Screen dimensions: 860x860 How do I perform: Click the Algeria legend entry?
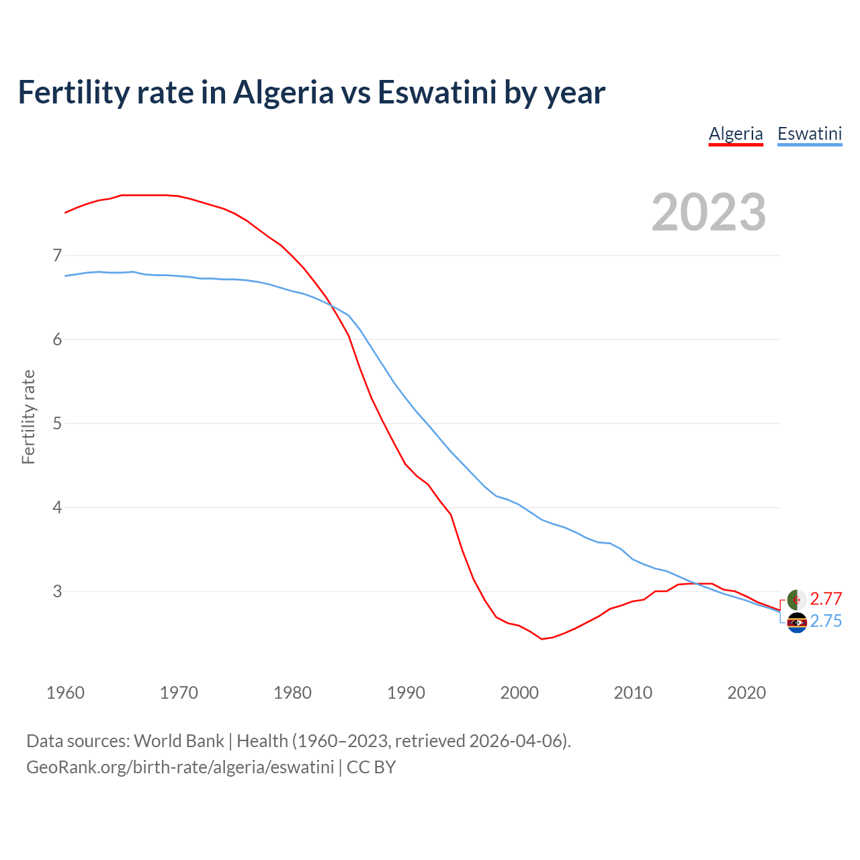(736, 134)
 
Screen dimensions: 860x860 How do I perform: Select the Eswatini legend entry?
(809, 134)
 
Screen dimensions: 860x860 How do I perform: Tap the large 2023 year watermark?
(709, 212)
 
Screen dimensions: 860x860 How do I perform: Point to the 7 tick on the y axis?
(57, 255)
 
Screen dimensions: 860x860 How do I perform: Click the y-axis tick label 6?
(57, 339)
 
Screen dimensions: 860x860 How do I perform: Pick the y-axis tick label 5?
(57, 423)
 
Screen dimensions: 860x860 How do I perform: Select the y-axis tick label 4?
(57, 507)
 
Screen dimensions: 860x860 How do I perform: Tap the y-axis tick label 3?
(57, 591)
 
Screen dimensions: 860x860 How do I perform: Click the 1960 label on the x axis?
(65, 693)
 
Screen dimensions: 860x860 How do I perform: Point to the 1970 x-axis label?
(179, 693)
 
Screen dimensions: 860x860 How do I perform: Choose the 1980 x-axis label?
(292, 693)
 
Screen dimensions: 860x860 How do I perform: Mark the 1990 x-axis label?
(406, 693)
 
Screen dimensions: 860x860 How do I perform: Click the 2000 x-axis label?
(519, 693)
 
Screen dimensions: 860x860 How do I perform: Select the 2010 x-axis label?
(633, 693)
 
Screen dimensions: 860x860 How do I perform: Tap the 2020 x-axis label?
(746, 693)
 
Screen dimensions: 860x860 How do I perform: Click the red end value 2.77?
(826, 599)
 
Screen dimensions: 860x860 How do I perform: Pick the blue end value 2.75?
(826, 621)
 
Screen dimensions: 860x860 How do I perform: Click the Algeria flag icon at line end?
(797, 599)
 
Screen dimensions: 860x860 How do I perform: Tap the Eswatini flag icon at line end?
(797, 623)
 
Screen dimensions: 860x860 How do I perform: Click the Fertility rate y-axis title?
(28, 417)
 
